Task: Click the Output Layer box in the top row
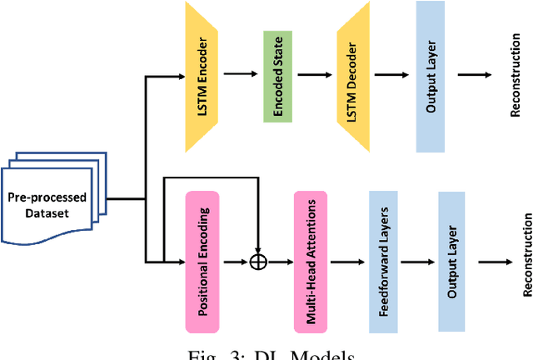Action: tap(429, 76)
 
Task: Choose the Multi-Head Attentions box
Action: tap(310, 261)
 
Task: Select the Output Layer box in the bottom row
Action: tap(451, 261)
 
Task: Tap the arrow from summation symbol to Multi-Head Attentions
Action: tap(281, 262)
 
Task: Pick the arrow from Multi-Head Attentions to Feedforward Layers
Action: tap(347, 262)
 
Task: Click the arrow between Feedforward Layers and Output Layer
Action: tap(416, 262)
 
